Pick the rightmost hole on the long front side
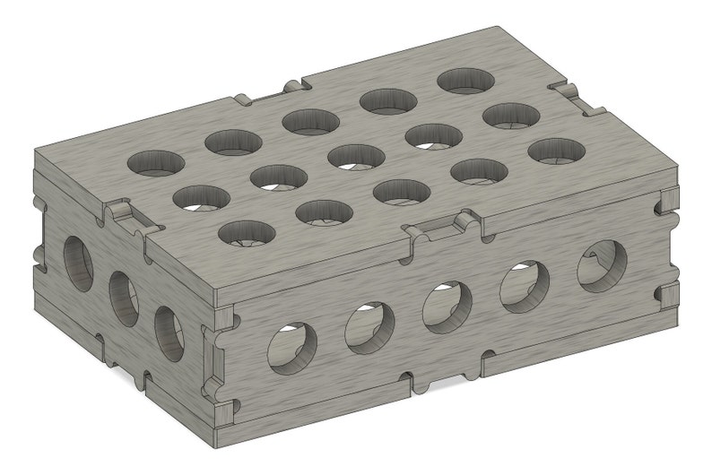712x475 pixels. coord(596,261)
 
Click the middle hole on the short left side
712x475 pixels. coord(124,295)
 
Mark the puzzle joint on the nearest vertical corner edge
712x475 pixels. coord(215,358)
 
